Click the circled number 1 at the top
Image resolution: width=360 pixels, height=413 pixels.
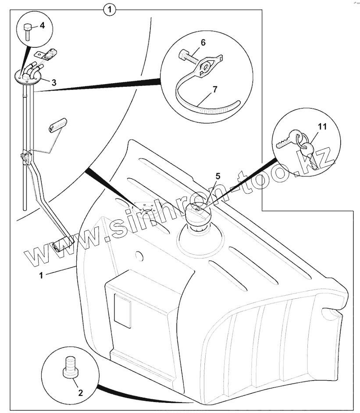(x=110, y=8)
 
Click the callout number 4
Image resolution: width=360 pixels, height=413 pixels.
(x=42, y=25)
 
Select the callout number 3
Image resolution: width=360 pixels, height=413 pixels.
(x=53, y=82)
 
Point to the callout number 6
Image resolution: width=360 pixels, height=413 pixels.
(x=203, y=42)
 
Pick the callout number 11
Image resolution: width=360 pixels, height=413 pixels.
(x=322, y=127)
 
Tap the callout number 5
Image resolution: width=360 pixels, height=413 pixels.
(x=217, y=176)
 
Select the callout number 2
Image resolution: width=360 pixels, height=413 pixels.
(x=80, y=392)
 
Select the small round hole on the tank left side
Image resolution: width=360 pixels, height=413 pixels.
(x=139, y=254)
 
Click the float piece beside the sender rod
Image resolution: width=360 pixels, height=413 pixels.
(x=57, y=124)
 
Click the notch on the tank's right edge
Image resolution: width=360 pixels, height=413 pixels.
(x=328, y=314)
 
